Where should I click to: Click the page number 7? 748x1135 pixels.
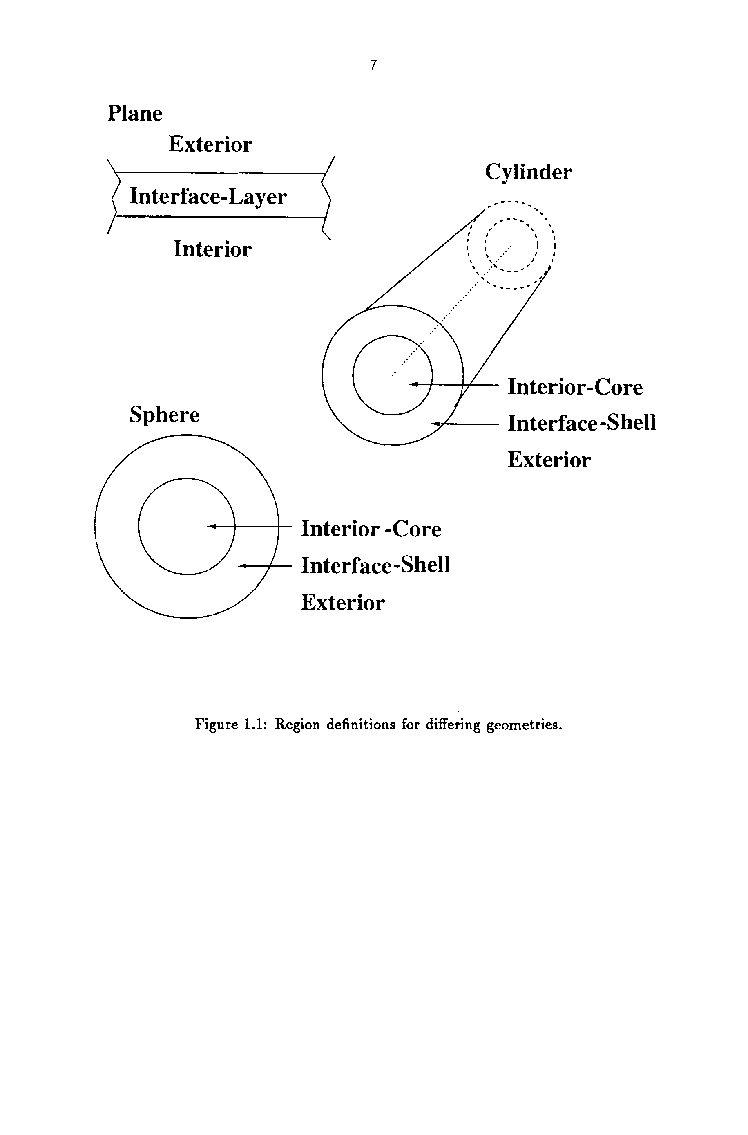point(373,65)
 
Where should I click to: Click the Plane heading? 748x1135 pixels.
point(135,114)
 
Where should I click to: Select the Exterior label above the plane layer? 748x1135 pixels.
point(210,144)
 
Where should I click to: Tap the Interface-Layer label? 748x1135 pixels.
point(208,196)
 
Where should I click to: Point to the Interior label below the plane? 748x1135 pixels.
point(212,249)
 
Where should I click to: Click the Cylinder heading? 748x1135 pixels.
point(528,172)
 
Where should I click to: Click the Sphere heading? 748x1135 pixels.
point(165,414)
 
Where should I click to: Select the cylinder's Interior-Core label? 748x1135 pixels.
point(575,387)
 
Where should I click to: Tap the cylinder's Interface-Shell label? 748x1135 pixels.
point(581,423)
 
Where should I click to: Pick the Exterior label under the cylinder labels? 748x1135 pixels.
point(549,460)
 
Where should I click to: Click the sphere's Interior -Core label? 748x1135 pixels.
point(371,529)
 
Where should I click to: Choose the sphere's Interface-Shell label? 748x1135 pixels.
point(375,565)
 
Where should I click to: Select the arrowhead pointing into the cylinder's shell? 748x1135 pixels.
point(435,423)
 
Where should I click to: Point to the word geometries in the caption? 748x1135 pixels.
point(523,725)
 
